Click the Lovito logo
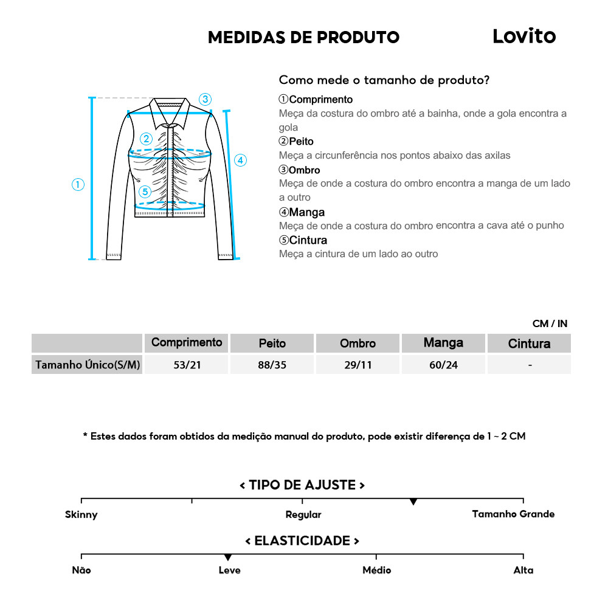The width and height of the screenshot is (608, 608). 523,36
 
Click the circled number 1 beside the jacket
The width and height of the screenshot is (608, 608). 78,185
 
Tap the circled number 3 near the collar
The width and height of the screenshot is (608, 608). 206,99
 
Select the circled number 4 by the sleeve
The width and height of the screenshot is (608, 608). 241,161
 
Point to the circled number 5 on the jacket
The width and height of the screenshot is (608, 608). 144,192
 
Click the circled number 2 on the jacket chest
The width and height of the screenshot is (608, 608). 146,139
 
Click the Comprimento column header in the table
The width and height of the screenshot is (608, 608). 187,342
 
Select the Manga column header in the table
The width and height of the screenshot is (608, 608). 443,343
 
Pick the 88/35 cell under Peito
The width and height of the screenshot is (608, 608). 272,365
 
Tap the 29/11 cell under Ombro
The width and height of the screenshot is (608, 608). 358,365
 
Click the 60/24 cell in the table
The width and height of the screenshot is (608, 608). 443,365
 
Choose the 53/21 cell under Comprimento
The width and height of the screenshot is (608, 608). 186,365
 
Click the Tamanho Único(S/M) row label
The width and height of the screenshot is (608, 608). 88,365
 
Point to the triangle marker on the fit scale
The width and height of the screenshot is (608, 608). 413,502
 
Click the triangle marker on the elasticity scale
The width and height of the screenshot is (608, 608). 228,557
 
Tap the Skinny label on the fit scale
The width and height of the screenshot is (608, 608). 81,514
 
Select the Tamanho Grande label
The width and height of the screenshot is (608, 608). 513,514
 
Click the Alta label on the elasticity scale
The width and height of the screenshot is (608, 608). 523,570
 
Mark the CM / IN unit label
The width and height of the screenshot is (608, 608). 550,323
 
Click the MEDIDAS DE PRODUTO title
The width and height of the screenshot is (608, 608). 303,37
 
